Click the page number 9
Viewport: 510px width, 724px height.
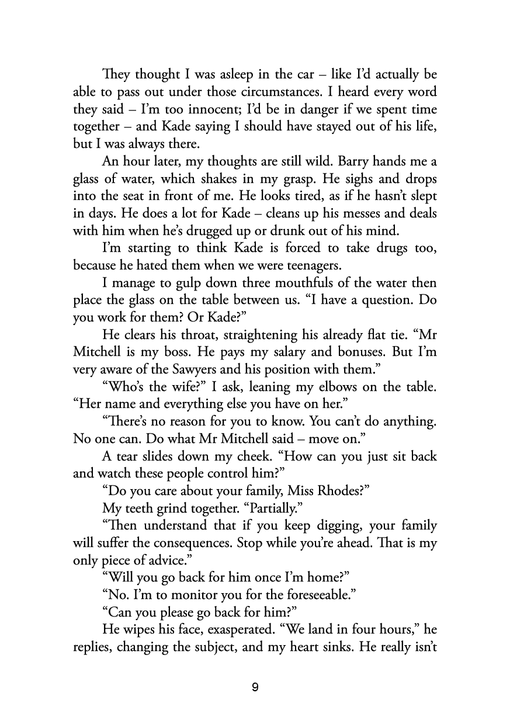pos(255,687)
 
